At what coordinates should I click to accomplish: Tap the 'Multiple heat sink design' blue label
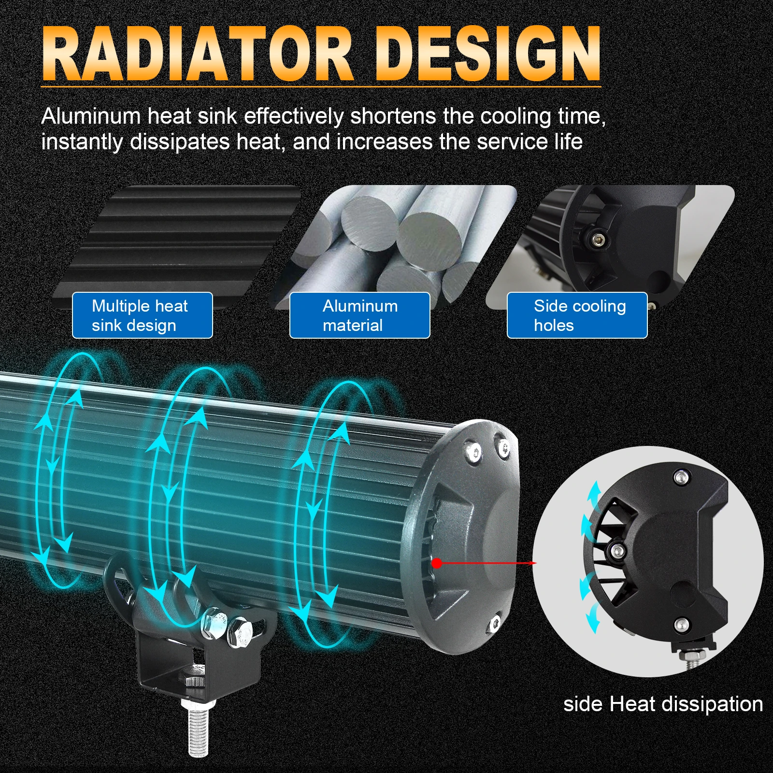pos(142,315)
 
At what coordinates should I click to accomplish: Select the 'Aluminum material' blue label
pos(359,315)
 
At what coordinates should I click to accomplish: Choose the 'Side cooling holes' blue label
pos(577,315)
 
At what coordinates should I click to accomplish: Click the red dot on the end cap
pos(436,563)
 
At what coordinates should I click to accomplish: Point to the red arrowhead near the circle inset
pos(533,563)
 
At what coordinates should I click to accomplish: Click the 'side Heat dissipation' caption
pos(663,704)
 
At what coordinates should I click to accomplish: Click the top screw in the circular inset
pos(681,478)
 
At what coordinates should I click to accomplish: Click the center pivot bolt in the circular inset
pos(616,550)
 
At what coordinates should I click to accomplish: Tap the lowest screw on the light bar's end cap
pos(493,625)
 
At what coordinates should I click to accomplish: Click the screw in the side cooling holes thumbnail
pos(598,238)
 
